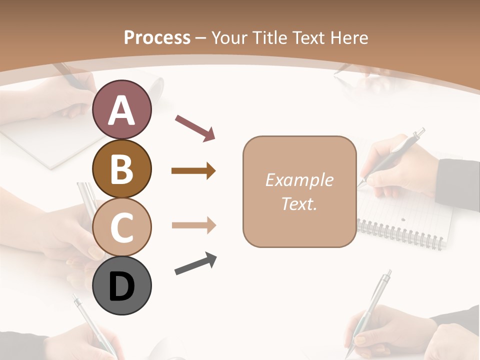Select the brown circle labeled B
click(x=121, y=168)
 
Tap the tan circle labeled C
click(x=121, y=226)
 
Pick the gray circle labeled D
click(x=121, y=285)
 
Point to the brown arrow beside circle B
click(x=193, y=171)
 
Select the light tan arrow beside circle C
click(x=193, y=225)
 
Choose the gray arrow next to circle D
click(x=195, y=264)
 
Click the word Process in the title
click(x=157, y=38)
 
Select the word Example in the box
click(x=299, y=180)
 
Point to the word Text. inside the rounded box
click(x=299, y=203)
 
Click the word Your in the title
click(x=229, y=38)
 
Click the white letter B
click(x=121, y=169)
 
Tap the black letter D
click(x=121, y=286)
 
